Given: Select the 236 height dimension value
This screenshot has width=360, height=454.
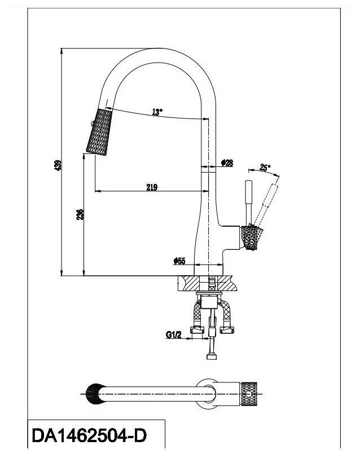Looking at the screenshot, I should [81, 214].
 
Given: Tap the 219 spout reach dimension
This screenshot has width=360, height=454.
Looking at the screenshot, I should [151, 188].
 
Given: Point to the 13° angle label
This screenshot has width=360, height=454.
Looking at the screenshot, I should [157, 112].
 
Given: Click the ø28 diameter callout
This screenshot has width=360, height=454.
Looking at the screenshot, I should [227, 163].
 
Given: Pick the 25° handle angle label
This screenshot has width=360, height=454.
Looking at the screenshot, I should [265, 167].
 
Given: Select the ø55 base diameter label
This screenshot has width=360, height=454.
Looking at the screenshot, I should [179, 261].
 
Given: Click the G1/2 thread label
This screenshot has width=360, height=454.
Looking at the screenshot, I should [173, 335].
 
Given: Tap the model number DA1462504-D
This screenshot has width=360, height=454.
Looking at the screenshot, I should [89, 436].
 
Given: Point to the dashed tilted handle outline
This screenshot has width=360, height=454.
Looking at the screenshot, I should [268, 200].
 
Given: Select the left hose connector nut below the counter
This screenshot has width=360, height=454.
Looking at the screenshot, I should [197, 330].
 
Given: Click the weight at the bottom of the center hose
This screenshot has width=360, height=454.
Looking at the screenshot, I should [212, 355].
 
